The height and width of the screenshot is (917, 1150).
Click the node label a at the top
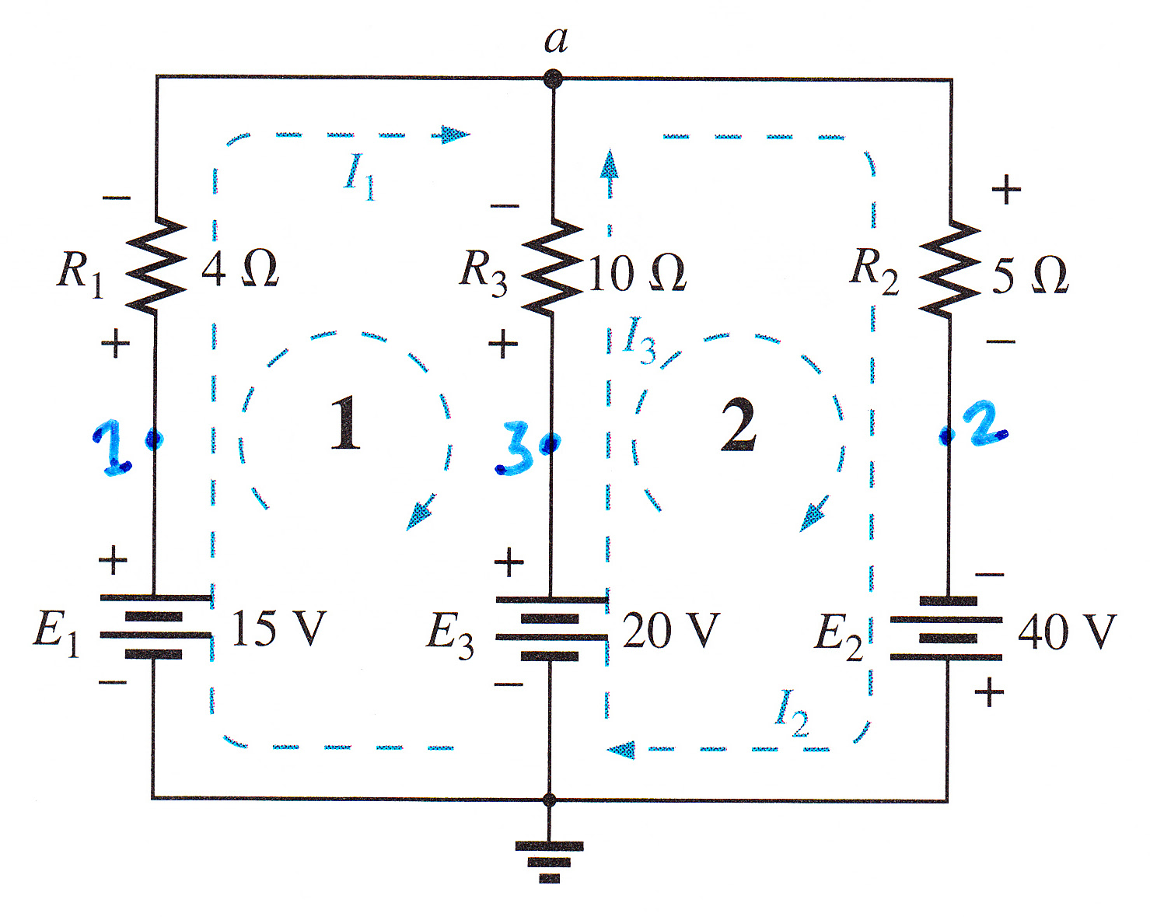click(556, 41)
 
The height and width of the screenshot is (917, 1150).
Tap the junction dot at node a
click(553, 79)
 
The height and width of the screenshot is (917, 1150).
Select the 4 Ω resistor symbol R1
click(156, 266)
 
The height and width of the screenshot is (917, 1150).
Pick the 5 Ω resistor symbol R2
click(950, 268)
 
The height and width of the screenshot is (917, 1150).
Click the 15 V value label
click(278, 628)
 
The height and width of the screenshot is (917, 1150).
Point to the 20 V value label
click(672, 631)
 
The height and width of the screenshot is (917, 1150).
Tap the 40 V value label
click(1067, 632)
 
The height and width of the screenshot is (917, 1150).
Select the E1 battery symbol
click(155, 625)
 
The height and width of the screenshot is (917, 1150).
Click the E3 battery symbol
click(551, 628)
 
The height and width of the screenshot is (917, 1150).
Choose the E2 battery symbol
click(946, 628)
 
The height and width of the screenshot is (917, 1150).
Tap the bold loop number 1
click(345, 422)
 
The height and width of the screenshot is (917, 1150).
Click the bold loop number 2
click(739, 425)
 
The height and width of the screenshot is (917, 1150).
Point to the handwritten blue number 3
click(513, 449)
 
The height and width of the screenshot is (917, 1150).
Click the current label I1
click(359, 177)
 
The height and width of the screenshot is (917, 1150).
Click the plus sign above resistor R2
click(1006, 189)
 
